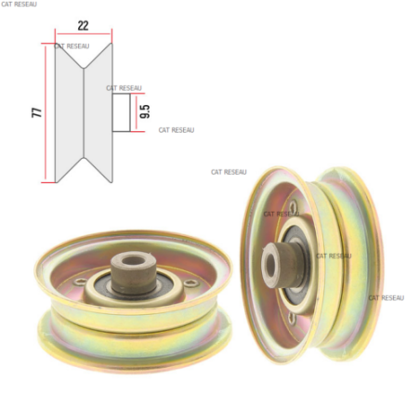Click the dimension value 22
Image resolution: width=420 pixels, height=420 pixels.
pyautogui.click(x=83, y=25)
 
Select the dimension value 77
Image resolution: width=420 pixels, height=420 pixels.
pyautogui.click(x=36, y=112)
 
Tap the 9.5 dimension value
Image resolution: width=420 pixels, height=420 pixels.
pyautogui.click(x=145, y=112)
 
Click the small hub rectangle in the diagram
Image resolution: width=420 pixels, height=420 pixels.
pyautogui.click(x=121, y=112)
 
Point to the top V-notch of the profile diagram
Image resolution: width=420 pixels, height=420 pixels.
pyautogui.click(x=84, y=68)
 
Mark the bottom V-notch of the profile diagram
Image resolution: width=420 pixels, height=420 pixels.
pyautogui.click(x=84, y=159)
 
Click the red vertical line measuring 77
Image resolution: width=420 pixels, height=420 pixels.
pyautogui.click(x=46, y=112)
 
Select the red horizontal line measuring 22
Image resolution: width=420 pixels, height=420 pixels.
pyautogui.click(x=84, y=34)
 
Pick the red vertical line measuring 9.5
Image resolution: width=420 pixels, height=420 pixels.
pyautogui.click(x=136, y=112)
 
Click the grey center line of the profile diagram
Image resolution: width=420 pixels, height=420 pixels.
pyautogui.click(x=84, y=112)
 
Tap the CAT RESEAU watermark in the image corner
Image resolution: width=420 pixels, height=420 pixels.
pyautogui.click(x=19, y=4)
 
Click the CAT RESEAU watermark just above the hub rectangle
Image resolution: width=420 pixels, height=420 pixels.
pyautogui.click(x=124, y=88)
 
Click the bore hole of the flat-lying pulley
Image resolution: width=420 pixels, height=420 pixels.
pyautogui.click(x=134, y=260)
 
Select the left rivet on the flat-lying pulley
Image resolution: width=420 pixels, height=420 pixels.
pyautogui.click(x=81, y=282)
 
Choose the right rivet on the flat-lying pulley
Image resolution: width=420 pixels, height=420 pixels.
pyautogui.click(x=190, y=282)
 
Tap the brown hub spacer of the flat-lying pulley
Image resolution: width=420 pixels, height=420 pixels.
pyautogui.click(x=134, y=272)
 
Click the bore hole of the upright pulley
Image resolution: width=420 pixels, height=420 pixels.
pyautogui.click(x=270, y=265)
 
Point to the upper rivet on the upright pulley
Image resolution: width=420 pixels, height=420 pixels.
pyautogui.click(x=293, y=205)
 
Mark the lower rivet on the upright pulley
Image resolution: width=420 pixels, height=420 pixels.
pyautogui.click(x=292, y=318)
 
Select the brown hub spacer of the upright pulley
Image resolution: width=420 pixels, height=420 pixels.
pyautogui.click(x=281, y=265)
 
